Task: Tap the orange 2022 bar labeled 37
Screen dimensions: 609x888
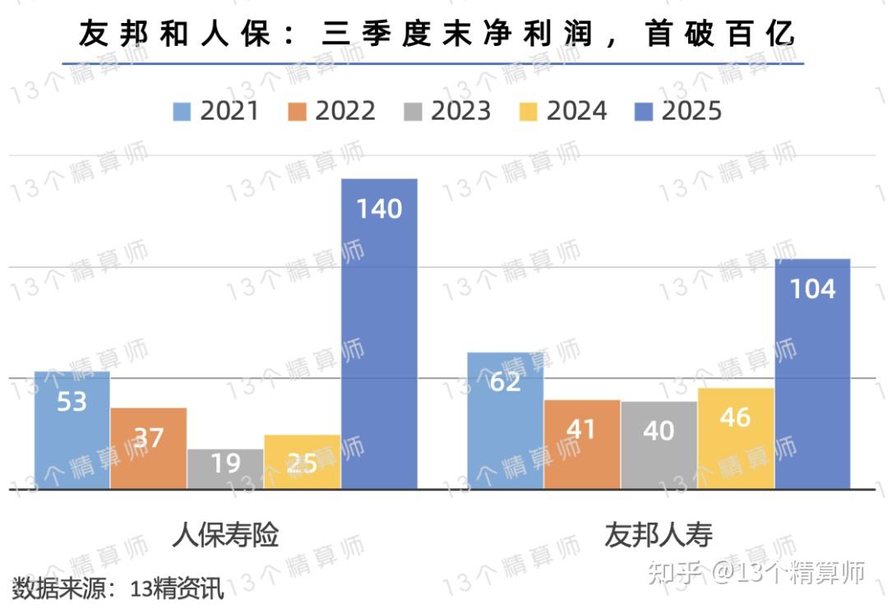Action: click(x=149, y=449)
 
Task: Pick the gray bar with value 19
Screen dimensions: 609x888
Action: click(x=225, y=468)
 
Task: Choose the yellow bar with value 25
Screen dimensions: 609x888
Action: click(x=302, y=462)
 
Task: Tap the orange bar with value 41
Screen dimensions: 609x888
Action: click(x=582, y=445)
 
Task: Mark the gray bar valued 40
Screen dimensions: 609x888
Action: click(x=659, y=445)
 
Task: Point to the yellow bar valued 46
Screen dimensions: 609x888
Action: click(x=736, y=439)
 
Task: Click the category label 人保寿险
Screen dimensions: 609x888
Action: click(x=225, y=535)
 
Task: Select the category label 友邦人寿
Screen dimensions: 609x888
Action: click(x=659, y=535)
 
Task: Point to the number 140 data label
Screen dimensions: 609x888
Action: click(x=379, y=209)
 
